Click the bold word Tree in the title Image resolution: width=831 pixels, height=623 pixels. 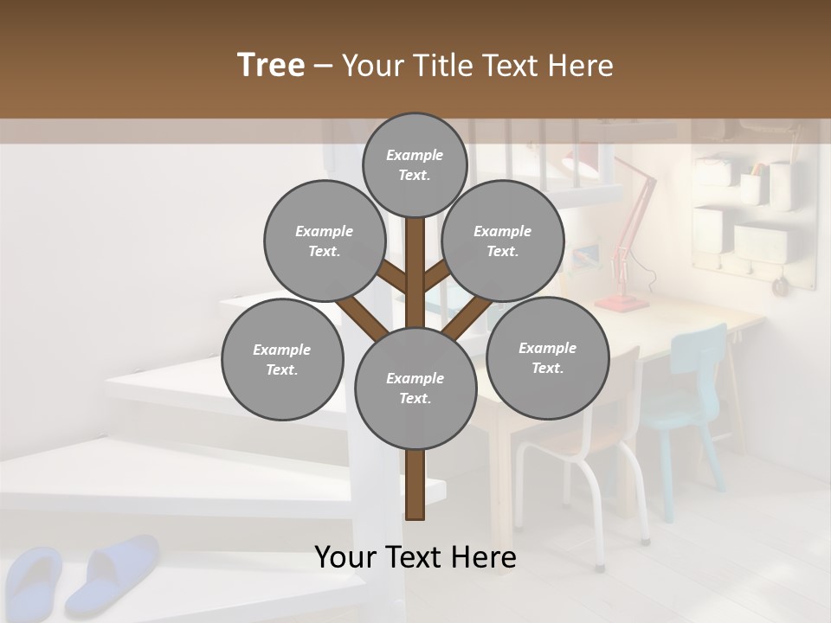point(271,65)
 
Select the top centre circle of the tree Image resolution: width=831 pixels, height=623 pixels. point(415,164)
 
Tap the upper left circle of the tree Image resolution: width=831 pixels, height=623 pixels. point(324,241)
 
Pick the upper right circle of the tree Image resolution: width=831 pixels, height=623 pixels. point(502,241)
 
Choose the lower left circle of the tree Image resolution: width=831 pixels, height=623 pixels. point(282,359)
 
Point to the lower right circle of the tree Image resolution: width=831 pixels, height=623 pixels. point(547,357)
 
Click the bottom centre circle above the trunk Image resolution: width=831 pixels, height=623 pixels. point(415,389)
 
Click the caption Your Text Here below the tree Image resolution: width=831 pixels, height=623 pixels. point(415,557)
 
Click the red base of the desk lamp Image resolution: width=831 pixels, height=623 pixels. point(620,303)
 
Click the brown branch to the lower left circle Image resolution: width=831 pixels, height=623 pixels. point(362,314)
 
